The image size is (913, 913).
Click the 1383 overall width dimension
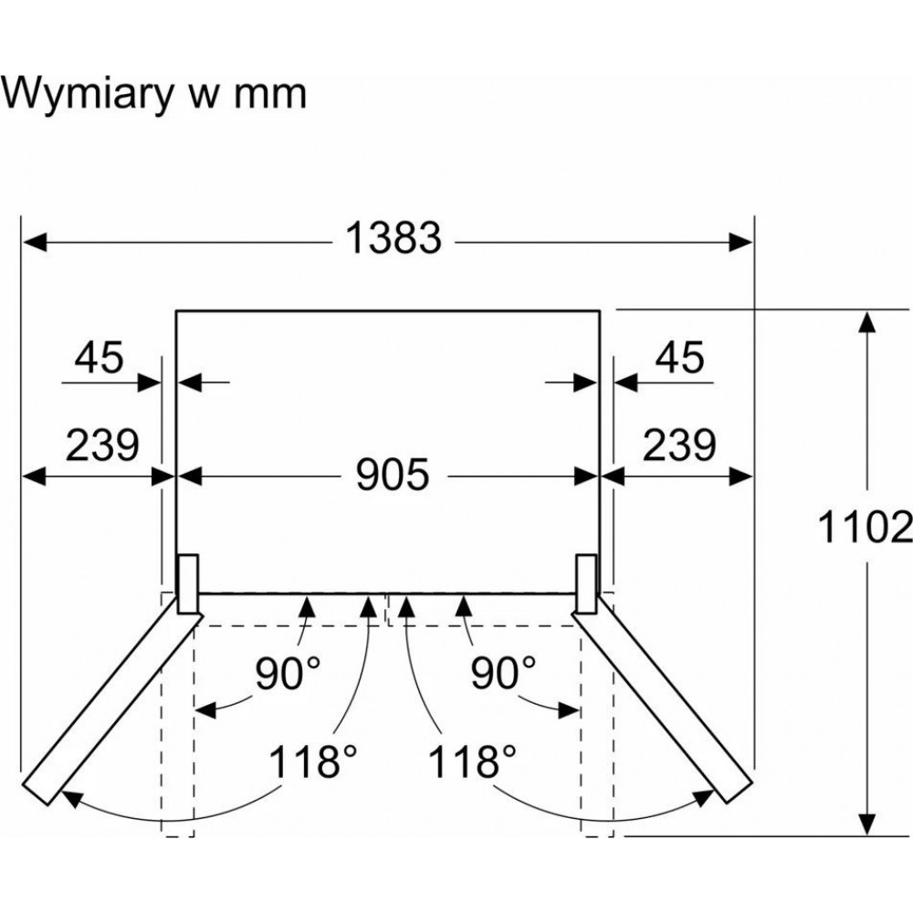tap(394, 239)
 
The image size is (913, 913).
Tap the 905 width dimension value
tap(393, 475)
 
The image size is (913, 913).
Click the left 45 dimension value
tap(99, 358)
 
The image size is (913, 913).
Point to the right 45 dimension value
tap(679, 358)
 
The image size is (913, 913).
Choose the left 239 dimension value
tap(102, 445)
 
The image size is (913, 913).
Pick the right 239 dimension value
tap(678, 445)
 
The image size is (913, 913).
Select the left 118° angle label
tap(312, 760)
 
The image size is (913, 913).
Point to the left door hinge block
tap(188, 583)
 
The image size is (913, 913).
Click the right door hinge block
tap(586, 583)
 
